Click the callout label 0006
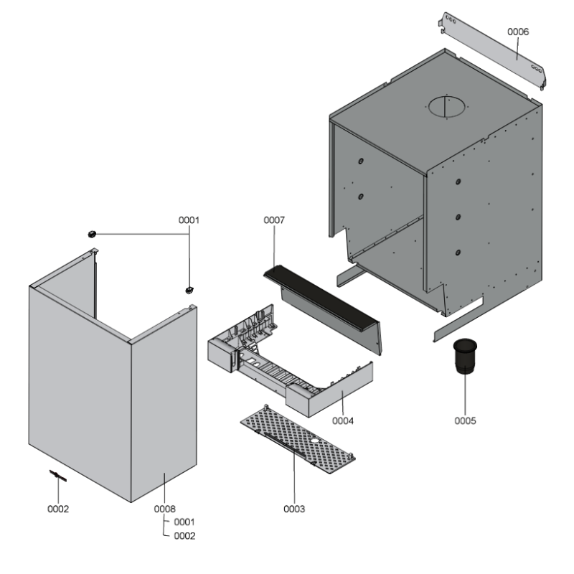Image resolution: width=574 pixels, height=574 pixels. tap(517, 32)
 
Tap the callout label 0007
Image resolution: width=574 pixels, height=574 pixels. tap(274, 220)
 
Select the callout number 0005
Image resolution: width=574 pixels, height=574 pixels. tap(465, 420)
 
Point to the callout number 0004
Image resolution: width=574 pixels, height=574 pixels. tap(343, 420)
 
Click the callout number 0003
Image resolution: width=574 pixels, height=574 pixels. tap(294, 509)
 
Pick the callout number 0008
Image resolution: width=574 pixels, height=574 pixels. tap(164, 509)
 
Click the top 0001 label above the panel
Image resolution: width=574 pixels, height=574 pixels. tap(189, 220)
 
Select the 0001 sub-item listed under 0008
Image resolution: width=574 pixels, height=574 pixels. tap(184, 522)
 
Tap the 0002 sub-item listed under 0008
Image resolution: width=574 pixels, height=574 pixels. tap(184, 536)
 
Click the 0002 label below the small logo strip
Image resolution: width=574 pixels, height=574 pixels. tap(58, 509)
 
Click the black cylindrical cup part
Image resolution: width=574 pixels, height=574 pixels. tap(465, 356)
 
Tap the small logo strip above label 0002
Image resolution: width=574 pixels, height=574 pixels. tap(58, 476)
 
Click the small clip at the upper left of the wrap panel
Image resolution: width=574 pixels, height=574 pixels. tap(92, 234)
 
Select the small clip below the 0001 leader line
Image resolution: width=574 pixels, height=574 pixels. tap(189, 291)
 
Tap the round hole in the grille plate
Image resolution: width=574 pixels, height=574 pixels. tap(315, 441)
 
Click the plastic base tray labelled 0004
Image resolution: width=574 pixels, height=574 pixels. tap(289, 361)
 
